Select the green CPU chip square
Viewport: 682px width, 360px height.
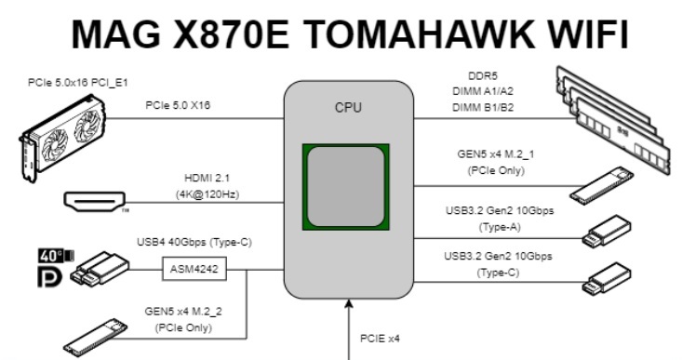[x=344, y=187]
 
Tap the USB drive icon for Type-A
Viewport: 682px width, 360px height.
[x=607, y=232]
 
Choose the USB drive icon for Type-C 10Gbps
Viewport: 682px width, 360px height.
[x=607, y=276]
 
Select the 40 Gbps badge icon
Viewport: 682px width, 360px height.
[x=49, y=255]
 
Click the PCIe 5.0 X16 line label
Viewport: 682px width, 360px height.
[x=178, y=105]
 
